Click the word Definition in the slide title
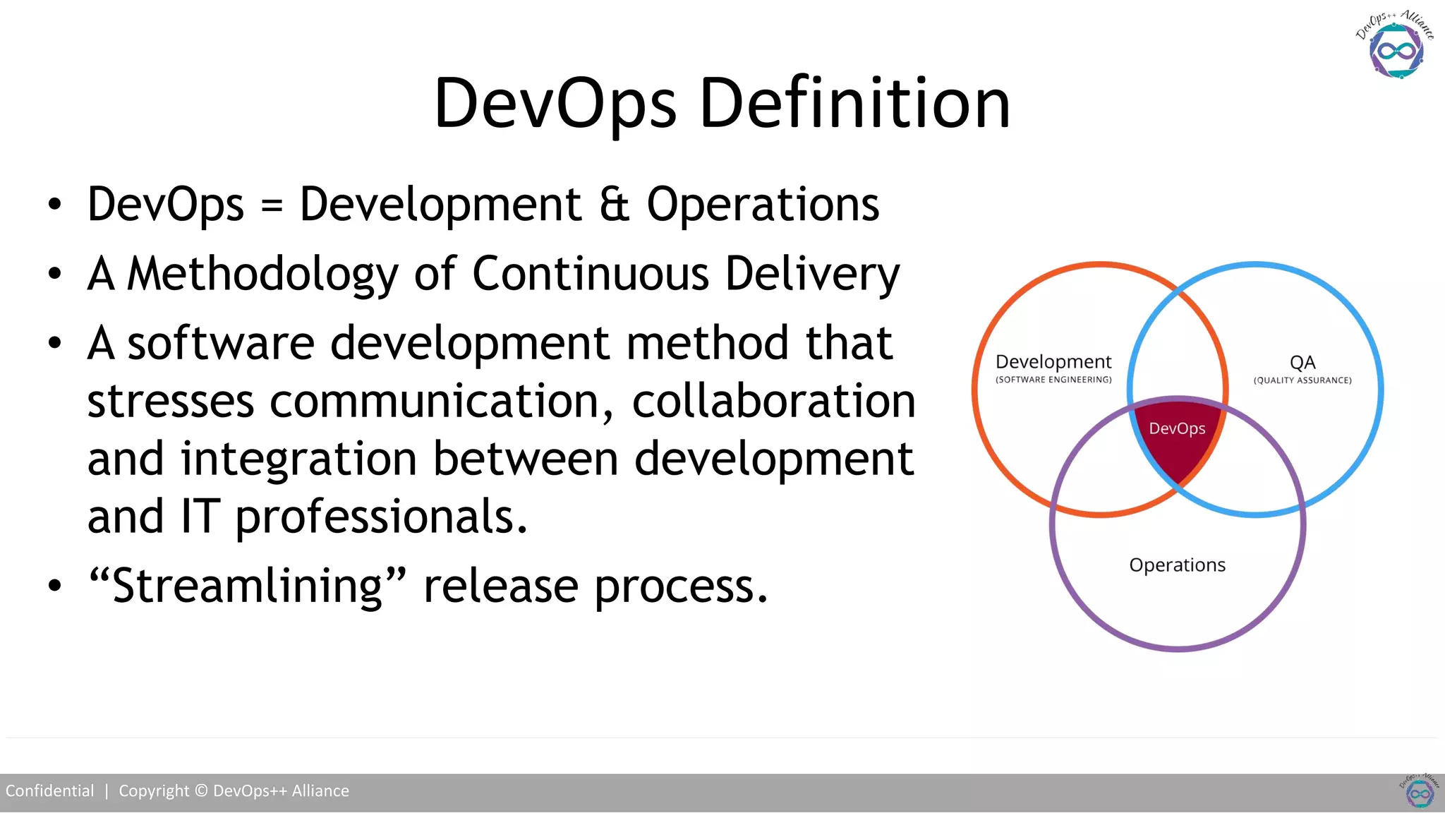click(854, 104)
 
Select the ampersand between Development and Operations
click(614, 205)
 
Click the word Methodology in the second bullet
click(262, 275)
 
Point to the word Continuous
click(590, 273)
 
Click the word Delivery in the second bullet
click(812, 273)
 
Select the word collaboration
click(773, 402)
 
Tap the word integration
click(299, 459)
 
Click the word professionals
click(381, 517)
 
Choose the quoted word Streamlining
click(248, 586)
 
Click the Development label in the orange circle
click(1053, 362)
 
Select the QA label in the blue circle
click(1302, 363)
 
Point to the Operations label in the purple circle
click(1177, 565)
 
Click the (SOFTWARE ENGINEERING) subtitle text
click(1053, 380)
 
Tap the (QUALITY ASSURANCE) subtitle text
click(1302, 380)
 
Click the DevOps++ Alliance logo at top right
click(1395, 47)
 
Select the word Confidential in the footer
click(50, 791)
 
